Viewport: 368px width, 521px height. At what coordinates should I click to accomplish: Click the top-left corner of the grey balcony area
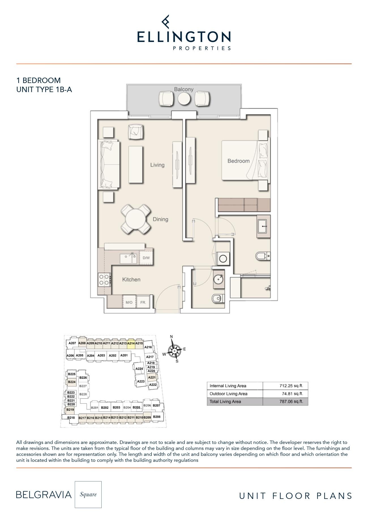coord(127,84)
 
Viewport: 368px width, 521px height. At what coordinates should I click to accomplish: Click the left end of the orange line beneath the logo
coord(16,64)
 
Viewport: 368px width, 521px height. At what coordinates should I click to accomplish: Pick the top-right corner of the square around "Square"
coord(101,481)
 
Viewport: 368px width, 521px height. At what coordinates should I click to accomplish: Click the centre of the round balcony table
coord(185,99)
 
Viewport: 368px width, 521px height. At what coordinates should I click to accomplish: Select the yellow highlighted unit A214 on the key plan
coord(131,343)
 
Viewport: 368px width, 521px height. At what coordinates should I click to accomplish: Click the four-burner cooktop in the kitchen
coord(104,280)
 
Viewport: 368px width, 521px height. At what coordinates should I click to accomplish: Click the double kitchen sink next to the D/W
coord(128,258)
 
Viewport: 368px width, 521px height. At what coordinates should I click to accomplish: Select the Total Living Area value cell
coord(285,401)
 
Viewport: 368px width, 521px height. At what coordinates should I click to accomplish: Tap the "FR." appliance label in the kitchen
coord(143,302)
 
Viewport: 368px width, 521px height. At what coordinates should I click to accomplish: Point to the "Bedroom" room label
coord(239,161)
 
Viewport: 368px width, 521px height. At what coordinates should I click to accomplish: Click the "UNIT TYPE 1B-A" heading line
coord(44,90)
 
